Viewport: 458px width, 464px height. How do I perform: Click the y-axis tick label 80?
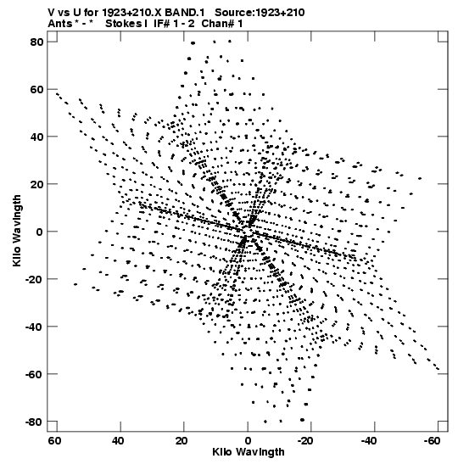[36, 42]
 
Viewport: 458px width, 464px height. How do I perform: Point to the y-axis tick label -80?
[34, 422]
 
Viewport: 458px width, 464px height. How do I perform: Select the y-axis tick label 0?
[40, 232]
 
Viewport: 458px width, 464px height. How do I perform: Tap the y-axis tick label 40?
[36, 137]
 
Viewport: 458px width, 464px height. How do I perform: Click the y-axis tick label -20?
[34, 279]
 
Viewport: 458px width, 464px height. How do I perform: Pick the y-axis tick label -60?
[34, 374]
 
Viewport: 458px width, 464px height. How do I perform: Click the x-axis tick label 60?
[54, 441]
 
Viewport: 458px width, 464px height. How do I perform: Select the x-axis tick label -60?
[432, 441]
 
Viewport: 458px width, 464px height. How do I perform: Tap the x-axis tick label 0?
[248, 441]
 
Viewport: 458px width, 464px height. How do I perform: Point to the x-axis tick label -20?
[304, 441]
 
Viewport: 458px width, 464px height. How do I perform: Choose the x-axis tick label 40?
[118, 441]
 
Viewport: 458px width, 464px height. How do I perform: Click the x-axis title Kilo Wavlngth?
[249, 452]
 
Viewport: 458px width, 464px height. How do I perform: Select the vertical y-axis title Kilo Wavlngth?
[17, 231]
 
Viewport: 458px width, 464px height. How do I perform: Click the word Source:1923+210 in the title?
[260, 13]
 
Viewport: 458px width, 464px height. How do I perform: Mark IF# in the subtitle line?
[161, 24]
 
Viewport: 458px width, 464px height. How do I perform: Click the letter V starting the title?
[51, 13]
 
